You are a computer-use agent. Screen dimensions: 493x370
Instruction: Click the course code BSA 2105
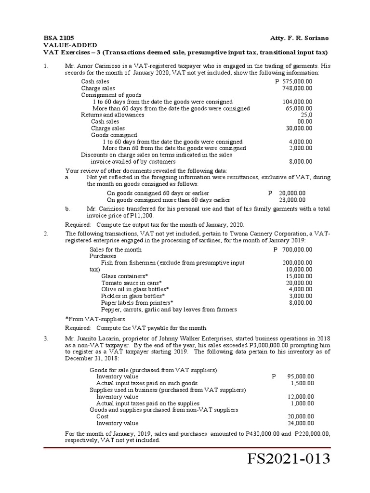coord(58,38)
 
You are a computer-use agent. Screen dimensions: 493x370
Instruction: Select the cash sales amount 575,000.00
coord(296,82)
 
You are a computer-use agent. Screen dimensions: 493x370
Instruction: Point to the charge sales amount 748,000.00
coord(297,89)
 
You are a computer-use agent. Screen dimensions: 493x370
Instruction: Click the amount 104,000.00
coord(297,102)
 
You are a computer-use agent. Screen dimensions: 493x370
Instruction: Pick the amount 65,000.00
coord(299,109)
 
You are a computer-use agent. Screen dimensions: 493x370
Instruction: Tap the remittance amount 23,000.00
coord(292,200)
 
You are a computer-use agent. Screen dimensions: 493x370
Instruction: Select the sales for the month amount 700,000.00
coord(296,250)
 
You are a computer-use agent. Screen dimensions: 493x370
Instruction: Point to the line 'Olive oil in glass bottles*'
coord(135,289)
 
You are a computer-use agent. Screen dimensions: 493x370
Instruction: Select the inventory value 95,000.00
coord(301,376)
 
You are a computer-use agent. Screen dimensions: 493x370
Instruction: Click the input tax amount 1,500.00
coord(302,383)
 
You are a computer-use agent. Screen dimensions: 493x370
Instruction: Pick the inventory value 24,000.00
coord(301,423)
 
